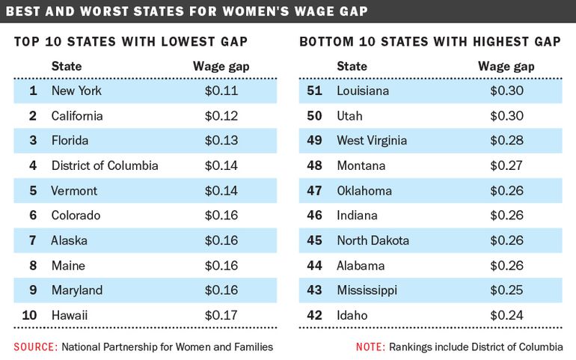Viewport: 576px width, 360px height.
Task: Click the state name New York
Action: tap(76, 91)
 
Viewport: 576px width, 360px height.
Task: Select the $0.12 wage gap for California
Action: tap(221, 116)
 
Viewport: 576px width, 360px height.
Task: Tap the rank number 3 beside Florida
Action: tap(33, 141)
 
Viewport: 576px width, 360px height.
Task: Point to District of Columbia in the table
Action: tap(105, 165)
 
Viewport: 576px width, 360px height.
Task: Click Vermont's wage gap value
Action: tap(221, 191)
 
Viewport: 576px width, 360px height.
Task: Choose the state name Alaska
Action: tap(69, 240)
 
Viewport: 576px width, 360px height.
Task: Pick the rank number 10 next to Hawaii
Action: tap(29, 315)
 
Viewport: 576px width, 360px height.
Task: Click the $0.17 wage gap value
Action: tap(221, 315)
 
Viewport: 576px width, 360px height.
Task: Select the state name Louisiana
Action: tap(364, 91)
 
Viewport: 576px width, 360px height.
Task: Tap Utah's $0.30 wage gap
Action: tap(506, 116)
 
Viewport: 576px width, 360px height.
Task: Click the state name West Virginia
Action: tap(372, 141)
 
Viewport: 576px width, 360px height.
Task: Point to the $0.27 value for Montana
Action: tap(506, 165)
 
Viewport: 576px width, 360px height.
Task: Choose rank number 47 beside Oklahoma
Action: tap(315, 191)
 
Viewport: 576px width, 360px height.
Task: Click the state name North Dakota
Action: tap(373, 240)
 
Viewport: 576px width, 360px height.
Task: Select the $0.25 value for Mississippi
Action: tap(506, 290)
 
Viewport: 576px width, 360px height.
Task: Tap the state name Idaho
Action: tap(351, 315)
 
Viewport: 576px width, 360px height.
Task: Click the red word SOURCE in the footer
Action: tap(34, 347)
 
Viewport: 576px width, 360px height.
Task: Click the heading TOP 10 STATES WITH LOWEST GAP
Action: tap(131, 41)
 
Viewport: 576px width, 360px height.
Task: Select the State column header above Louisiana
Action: tap(352, 67)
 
